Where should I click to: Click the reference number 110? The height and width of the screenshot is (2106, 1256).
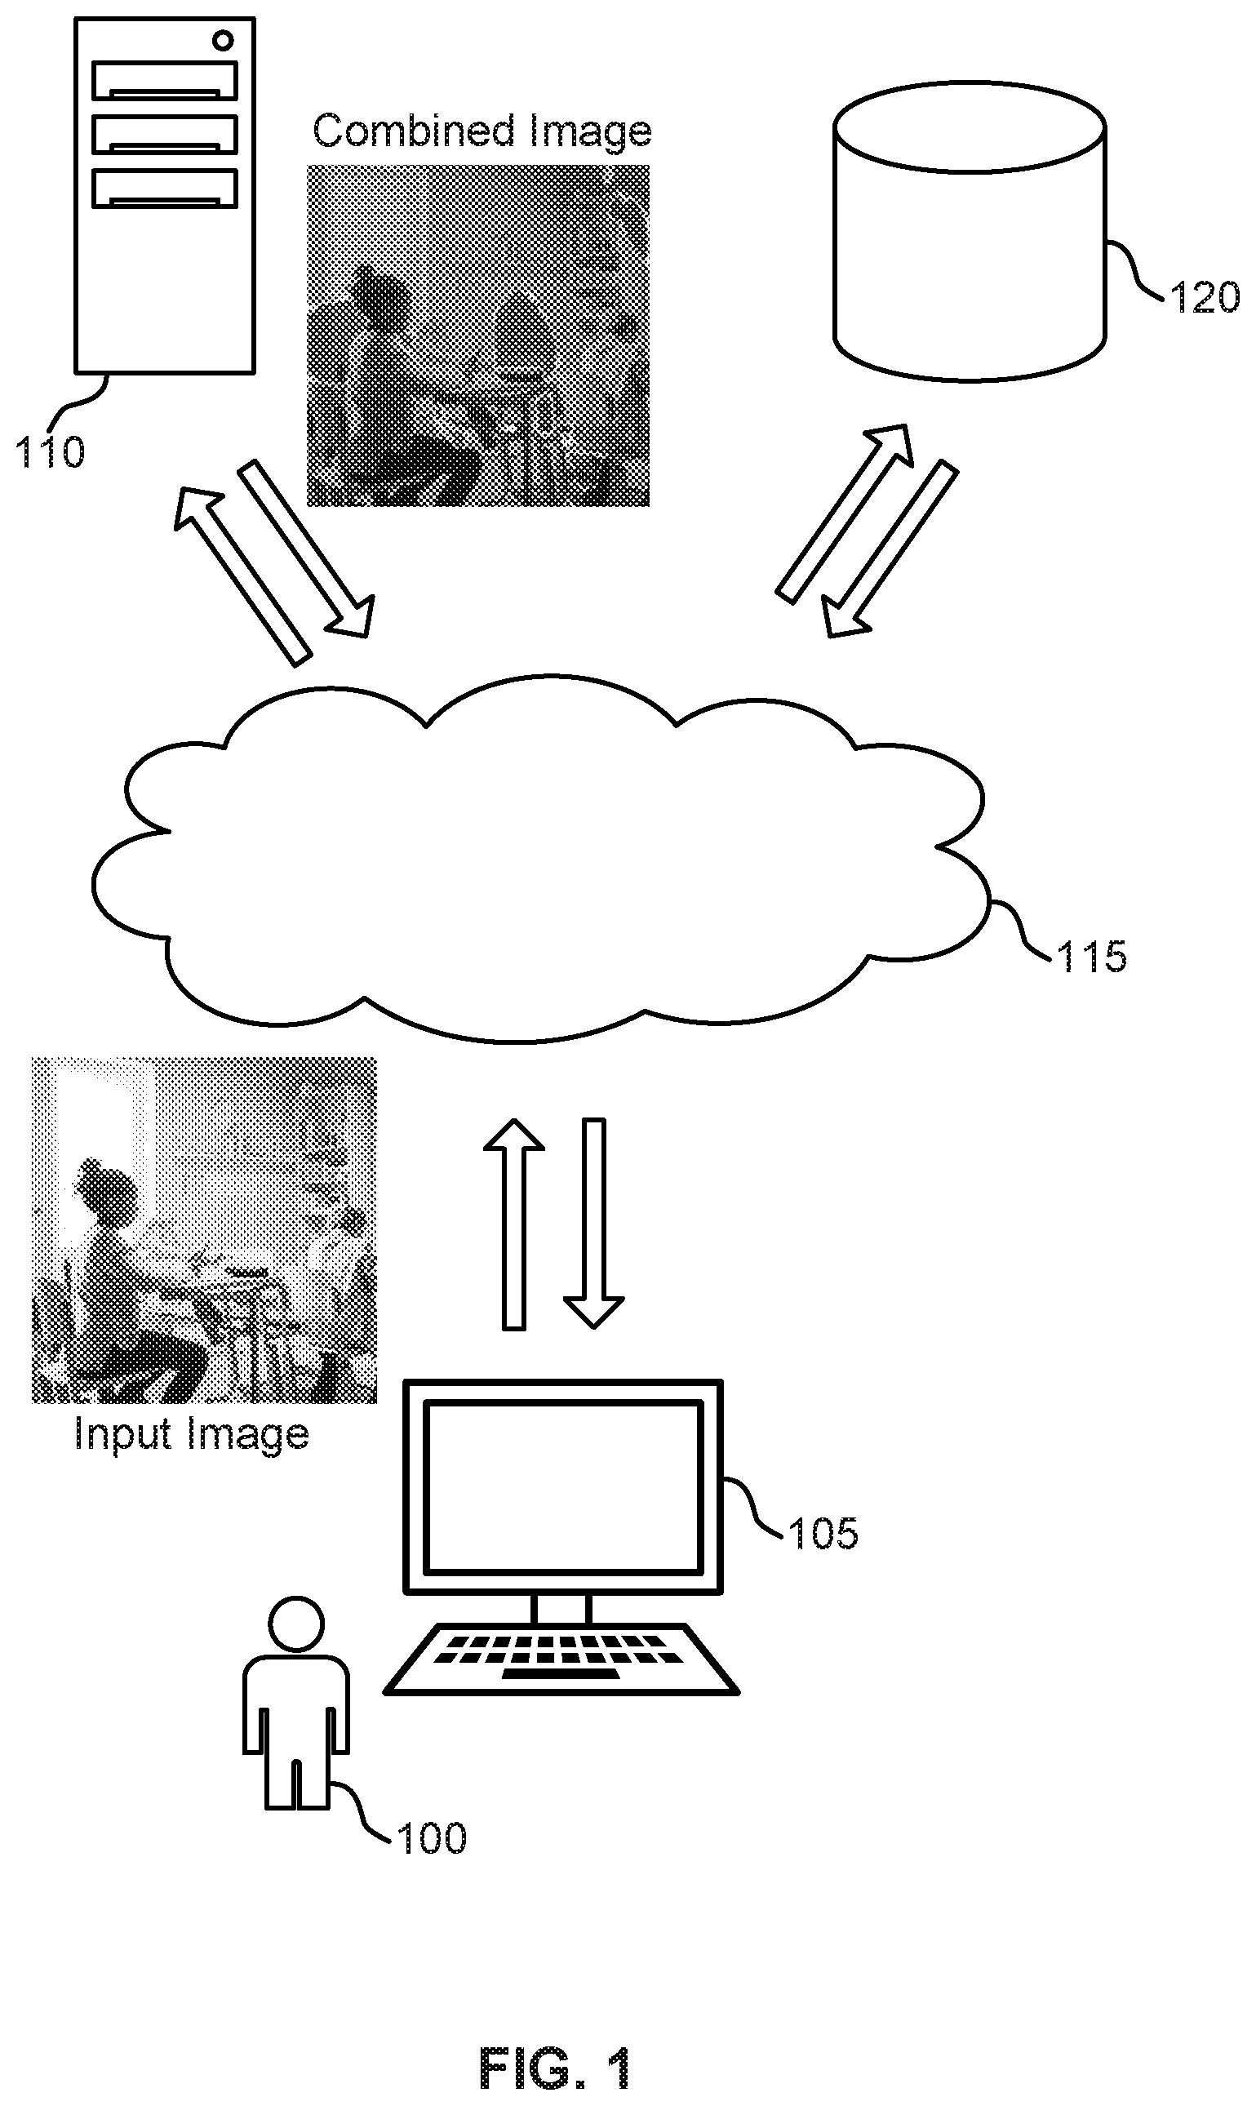click(51, 452)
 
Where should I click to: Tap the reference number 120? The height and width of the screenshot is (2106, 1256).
click(1205, 297)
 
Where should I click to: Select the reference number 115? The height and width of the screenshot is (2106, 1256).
click(1092, 957)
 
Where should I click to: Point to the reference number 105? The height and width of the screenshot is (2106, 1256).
click(823, 1533)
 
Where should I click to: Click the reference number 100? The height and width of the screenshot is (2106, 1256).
click(432, 1838)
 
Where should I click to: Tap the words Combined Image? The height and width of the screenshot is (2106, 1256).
click(482, 132)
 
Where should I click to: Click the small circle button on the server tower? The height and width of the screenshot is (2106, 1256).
click(223, 40)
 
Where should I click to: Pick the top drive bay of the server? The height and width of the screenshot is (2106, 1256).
click(164, 81)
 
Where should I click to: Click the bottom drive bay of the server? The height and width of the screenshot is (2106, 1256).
click(164, 188)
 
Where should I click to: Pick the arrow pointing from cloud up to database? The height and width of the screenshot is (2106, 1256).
click(845, 513)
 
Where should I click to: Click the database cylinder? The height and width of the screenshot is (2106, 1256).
click(970, 231)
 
